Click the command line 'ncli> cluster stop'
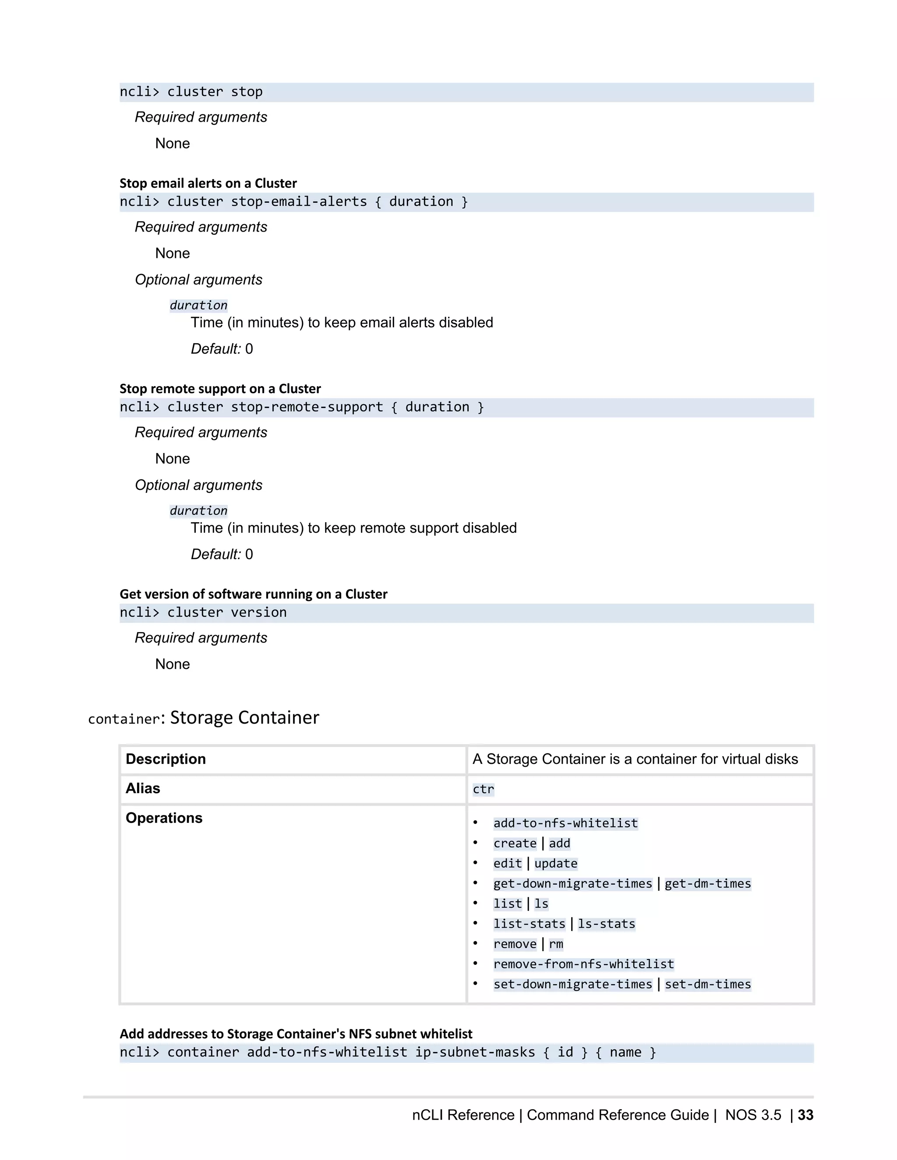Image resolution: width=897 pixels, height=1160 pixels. pos(191,92)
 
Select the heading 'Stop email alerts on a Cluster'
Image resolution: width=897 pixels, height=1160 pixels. pos(208,183)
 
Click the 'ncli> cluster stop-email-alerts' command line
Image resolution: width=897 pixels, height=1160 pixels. pos(293,202)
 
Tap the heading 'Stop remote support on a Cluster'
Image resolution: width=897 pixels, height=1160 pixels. pos(220,389)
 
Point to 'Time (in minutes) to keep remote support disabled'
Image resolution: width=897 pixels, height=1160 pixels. pos(353,528)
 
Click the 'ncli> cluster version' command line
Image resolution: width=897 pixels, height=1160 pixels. pos(203,612)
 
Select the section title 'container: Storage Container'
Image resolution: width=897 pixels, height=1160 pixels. pos(204,717)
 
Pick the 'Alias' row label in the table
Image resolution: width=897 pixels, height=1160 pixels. pos(142,788)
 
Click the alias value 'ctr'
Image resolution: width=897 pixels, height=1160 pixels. pos(483,789)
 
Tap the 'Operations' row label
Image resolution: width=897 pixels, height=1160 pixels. pos(164,818)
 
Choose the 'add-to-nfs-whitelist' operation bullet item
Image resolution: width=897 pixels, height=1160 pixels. pos(565,823)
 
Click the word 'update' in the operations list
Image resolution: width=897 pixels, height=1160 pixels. pos(555,864)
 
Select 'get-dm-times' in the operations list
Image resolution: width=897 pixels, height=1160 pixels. pos(707,884)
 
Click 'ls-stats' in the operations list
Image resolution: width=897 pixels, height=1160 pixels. pos(606,924)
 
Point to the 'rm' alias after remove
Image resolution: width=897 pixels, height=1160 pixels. pos(556,944)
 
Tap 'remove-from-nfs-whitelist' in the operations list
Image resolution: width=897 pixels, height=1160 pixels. pos(583,964)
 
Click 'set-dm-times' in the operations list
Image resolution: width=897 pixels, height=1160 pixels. pos(707,985)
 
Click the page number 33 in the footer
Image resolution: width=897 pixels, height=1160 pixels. pos(805,1115)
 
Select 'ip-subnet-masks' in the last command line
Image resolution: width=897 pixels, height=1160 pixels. pos(474,1053)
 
